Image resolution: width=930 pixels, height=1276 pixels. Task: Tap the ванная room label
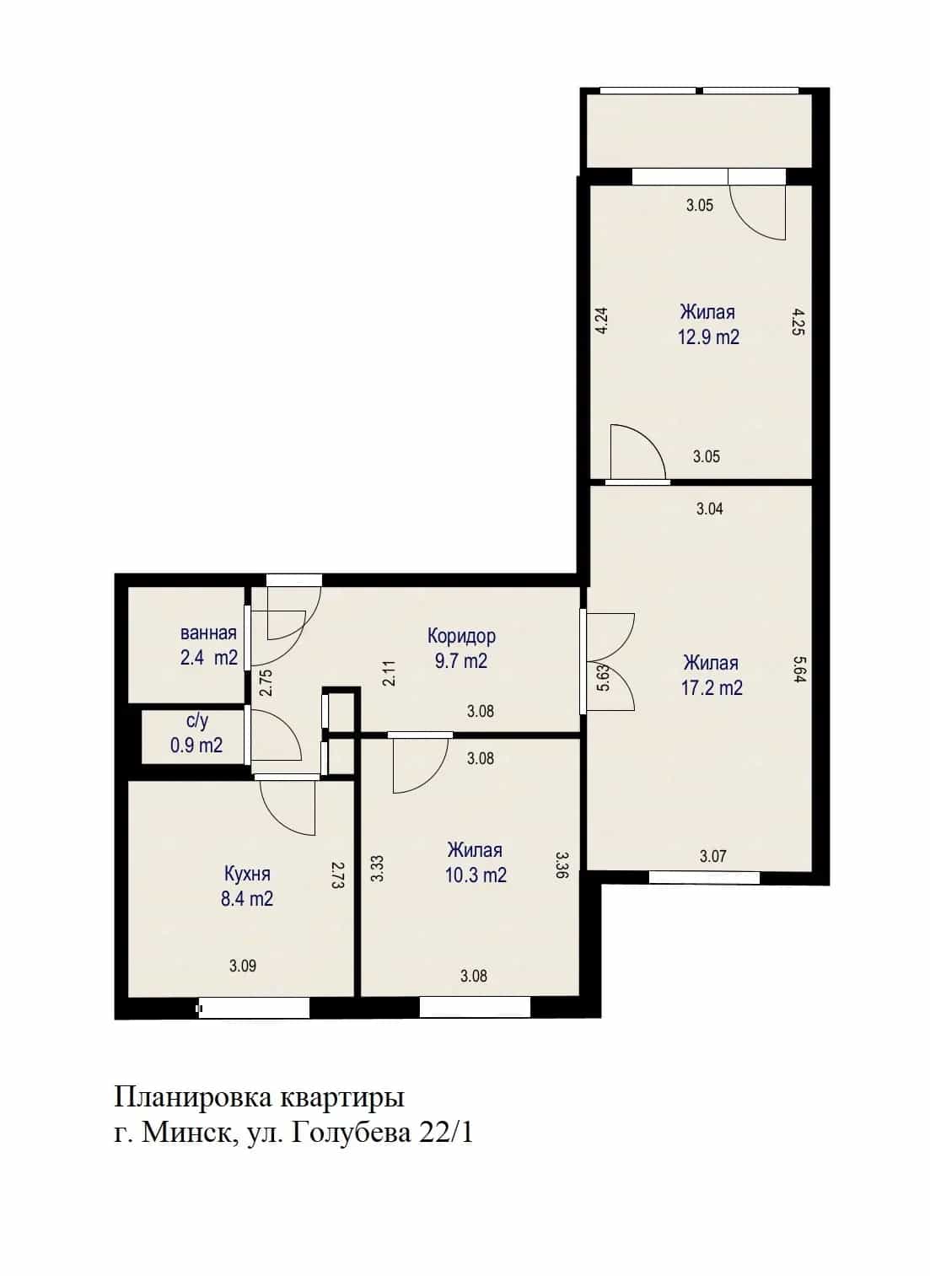[x=208, y=633]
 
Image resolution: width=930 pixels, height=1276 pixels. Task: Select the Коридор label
[x=461, y=636]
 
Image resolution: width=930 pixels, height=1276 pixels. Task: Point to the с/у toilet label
[x=197, y=722]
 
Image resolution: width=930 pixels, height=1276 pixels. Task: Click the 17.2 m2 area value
[x=712, y=688]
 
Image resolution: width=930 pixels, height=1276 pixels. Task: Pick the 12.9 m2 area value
[x=708, y=337]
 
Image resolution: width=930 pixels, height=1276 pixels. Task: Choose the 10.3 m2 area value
[x=476, y=875]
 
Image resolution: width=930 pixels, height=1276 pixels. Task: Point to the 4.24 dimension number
[x=601, y=320]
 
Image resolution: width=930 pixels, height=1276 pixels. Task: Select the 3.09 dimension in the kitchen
[x=243, y=966]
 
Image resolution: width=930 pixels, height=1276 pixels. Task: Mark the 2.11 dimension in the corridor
[x=390, y=673]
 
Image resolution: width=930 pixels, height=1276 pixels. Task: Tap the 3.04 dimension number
[x=710, y=509]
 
